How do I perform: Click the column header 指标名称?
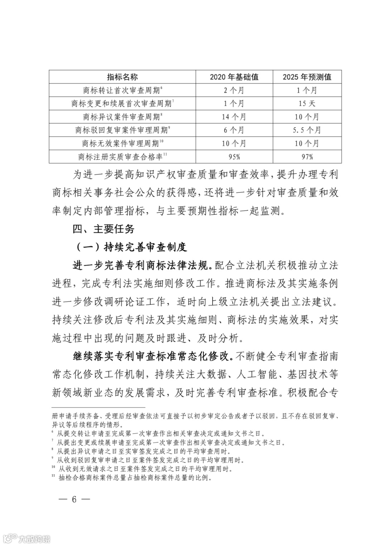point(122,77)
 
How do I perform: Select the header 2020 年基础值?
point(234,77)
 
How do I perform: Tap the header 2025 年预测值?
point(307,77)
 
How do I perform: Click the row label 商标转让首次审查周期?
point(122,90)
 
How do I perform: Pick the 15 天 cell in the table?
point(307,103)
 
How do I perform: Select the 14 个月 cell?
point(234,117)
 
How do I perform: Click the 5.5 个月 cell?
point(307,130)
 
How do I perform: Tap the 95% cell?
point(234,157)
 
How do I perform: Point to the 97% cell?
point(307,157)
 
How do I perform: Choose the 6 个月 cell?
point(234,130)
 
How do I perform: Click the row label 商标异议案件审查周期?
point(122,117)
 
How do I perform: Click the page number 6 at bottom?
point(74,499)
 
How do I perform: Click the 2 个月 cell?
point(234,90)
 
